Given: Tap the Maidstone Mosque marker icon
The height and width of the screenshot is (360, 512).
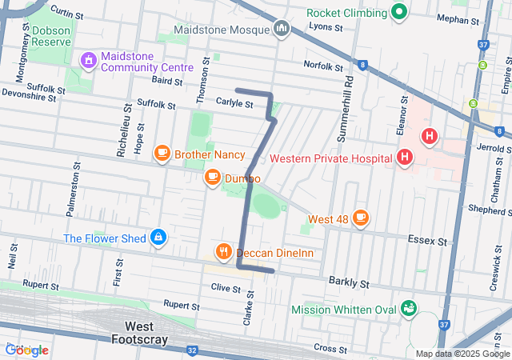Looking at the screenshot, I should point(281,30).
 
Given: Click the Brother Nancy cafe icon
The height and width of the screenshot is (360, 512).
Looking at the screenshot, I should point(162,152).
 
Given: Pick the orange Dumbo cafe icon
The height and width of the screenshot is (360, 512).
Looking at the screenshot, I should point(213,178).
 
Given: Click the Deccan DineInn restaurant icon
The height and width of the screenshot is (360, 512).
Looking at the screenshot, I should point(224,252).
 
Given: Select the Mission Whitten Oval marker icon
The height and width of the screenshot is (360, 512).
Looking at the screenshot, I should point(409,308).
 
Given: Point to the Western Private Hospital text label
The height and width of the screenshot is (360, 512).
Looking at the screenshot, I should point(331,158).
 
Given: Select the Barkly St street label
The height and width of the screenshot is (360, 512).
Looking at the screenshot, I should point(349,283).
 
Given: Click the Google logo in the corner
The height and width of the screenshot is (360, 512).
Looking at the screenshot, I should point(26,350).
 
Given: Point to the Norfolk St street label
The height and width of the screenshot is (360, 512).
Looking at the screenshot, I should point(322,65).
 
